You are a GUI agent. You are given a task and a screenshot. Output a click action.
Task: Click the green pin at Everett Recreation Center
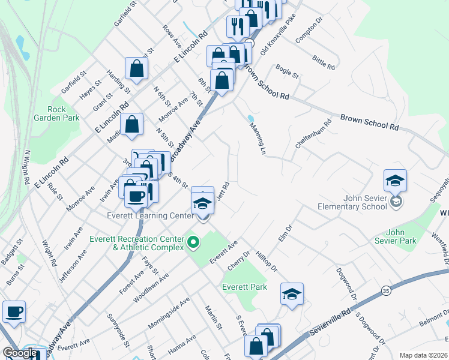(193, 242)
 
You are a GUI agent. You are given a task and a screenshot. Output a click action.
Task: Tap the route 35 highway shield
(385, 291)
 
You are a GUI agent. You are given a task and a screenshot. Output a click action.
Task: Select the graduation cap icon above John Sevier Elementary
(396, 179)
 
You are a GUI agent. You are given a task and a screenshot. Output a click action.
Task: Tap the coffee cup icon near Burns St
(14, 311)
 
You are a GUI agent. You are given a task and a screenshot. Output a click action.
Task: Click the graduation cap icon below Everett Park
(292, 293)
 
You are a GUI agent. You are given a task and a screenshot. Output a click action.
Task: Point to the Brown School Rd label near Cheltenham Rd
(369, 123)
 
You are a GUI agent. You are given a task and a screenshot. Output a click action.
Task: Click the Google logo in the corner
(19, 353)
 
